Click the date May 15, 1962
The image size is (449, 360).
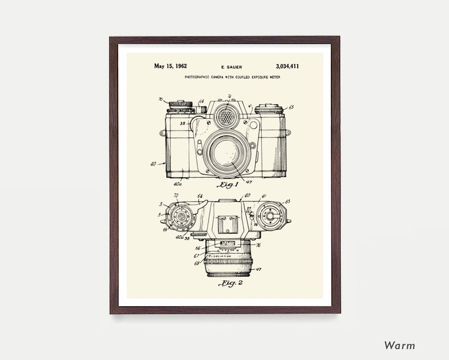[x=170, y=66]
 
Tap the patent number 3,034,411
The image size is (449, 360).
[x=288, y=66]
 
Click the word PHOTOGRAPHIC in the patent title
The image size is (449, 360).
[x=198, y=76]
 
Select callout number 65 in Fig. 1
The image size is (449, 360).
[x=291, y=106]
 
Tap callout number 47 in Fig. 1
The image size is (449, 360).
[x=248, y=182]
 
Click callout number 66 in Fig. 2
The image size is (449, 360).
[x=197, y=247]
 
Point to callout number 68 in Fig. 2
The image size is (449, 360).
[x=197, y=263]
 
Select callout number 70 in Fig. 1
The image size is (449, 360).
[x=161, y=100]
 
